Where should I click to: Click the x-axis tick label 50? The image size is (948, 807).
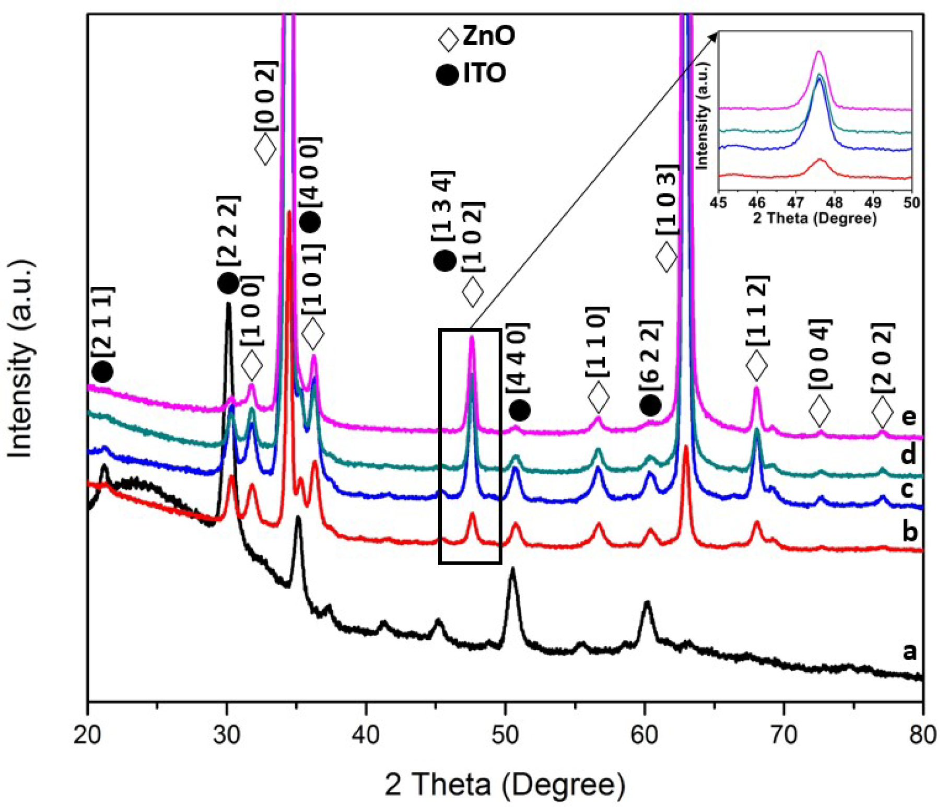click(x=505, y=735)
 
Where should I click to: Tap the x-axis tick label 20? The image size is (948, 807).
click(x=87, y=735)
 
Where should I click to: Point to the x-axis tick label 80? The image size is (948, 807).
click(x=922, y=735)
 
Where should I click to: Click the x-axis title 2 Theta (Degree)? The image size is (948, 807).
click(x=505, y=784)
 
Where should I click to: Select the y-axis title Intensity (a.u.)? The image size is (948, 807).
click(x=21, y=359)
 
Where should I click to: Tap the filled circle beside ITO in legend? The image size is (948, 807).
click(x=447, y=75)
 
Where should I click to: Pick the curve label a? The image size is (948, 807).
click(x=909, y=651)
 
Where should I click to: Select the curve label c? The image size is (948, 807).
click(x=908, y=489)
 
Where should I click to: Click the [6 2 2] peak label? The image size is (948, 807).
click(x=651, y=355)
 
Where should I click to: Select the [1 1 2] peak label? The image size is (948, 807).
click(x=757, y=310)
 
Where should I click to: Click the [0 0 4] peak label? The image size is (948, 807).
click(x=820, y=354)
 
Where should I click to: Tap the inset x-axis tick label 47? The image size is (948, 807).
click(x=795, y=203)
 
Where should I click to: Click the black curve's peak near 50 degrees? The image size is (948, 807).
click(x=512, y=569)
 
